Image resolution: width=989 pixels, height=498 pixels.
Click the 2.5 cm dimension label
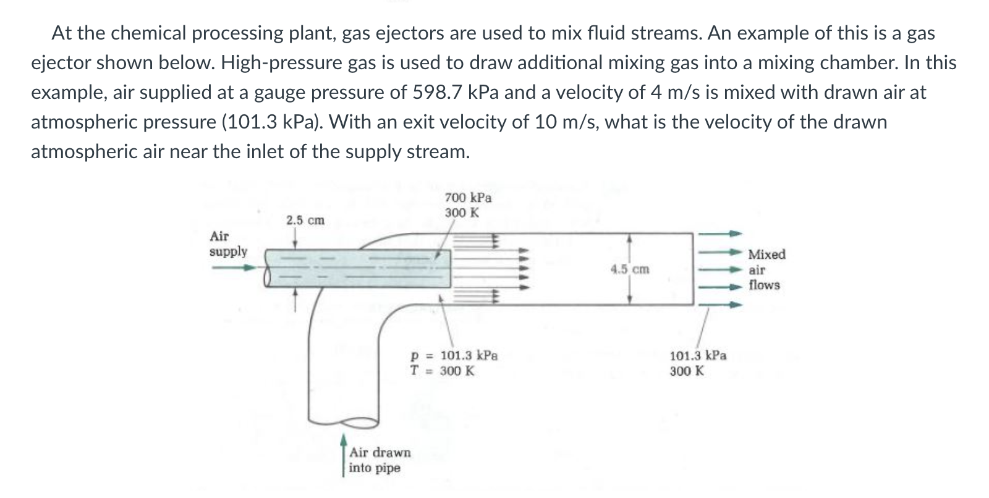(305, 221)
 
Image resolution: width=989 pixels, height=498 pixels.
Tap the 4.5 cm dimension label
(630, 269)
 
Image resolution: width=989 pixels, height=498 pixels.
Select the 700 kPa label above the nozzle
(468, 198)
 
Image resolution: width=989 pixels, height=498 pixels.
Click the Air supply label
(227, 244)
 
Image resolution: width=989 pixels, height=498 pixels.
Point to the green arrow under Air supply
(233, 268)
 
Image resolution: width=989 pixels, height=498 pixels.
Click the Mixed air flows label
(766, 269)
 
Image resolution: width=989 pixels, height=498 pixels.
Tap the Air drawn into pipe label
(379, 460)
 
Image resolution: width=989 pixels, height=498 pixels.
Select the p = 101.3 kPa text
(454, 356)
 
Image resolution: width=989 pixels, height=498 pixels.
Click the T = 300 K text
(443, 371)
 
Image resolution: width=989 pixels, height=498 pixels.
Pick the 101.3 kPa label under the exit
(698, 356)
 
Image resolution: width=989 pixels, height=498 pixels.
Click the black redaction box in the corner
(23, 25)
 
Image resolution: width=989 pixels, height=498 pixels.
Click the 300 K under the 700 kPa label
(461, 213)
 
